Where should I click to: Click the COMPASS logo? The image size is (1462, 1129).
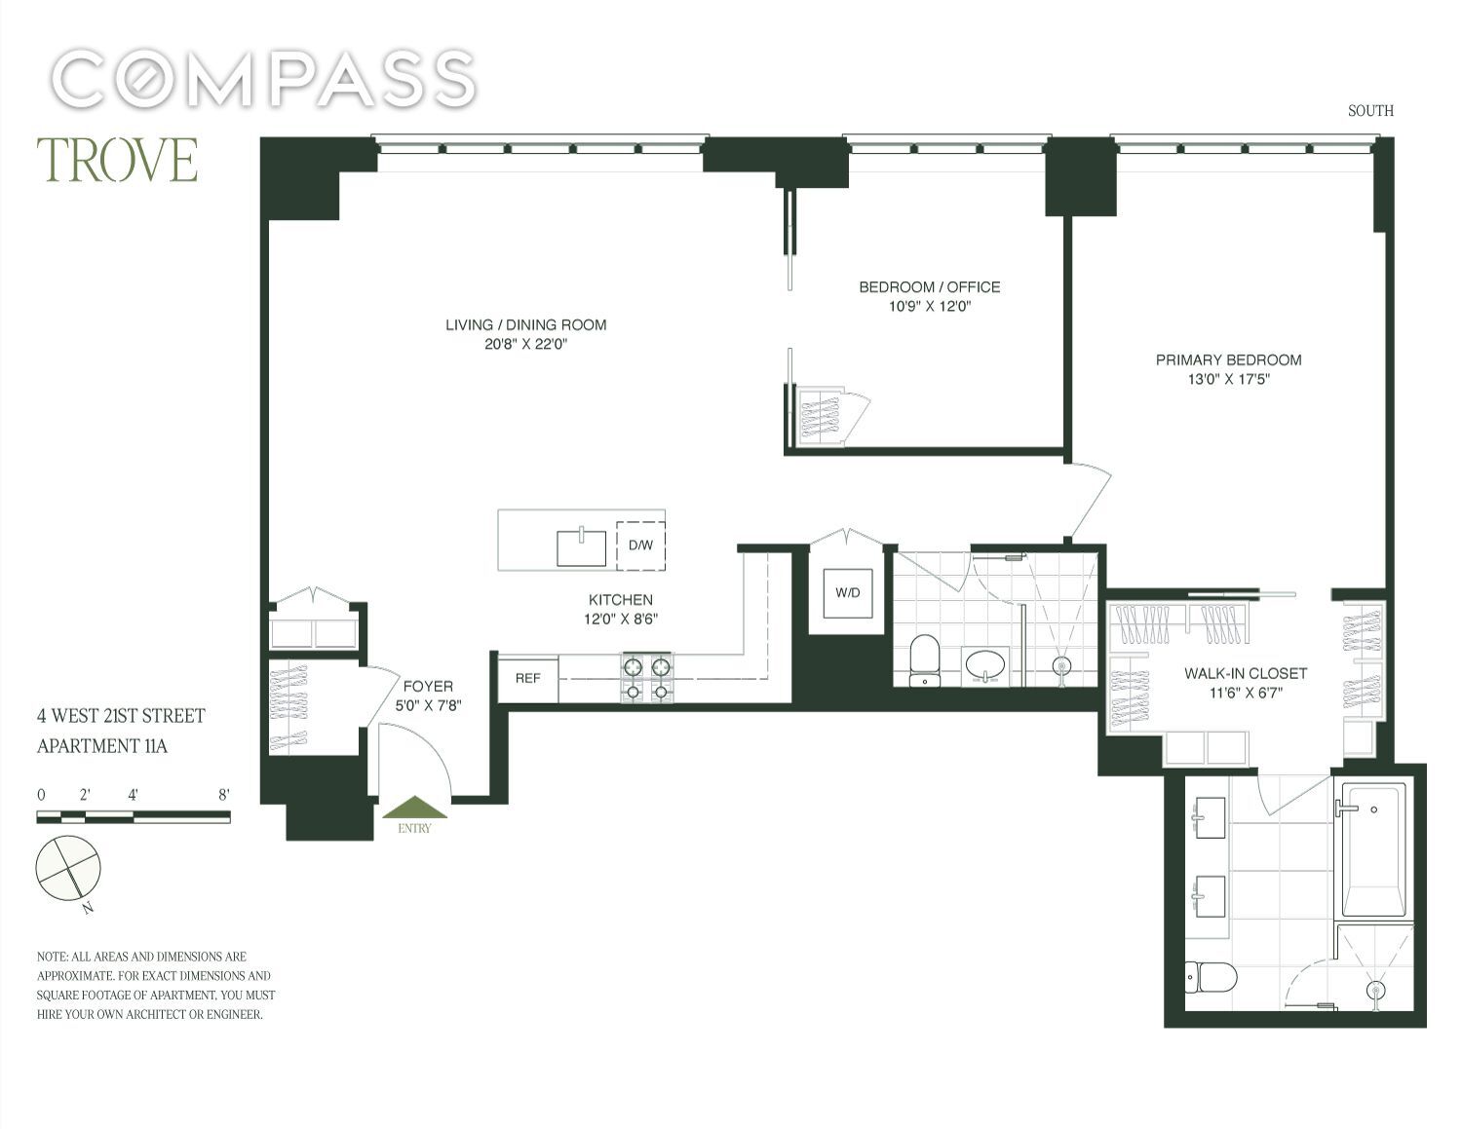[264, 79]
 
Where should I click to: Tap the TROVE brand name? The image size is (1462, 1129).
[117, 160]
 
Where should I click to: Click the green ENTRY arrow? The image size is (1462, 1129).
[414, 807]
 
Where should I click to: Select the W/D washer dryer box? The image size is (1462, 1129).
[848, 592]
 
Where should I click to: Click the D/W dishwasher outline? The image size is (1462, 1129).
[640, 546]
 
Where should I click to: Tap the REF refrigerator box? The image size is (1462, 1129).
[528, 679]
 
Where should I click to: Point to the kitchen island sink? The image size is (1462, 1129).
[581, 548]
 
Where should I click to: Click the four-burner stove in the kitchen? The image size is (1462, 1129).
[647, 678]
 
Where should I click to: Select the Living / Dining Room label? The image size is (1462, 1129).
[526, 324]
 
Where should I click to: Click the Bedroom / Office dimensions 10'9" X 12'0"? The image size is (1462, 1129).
[930, 307]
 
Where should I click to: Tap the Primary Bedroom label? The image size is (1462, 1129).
[1228, 359]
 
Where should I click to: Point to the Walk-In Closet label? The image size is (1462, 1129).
[1246, 673]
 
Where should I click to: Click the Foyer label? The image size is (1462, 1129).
[428, 687]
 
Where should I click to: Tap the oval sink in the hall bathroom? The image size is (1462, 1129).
[985, 666]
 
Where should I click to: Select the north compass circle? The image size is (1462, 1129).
[68, 868]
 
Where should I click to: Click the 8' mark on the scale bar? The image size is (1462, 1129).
[224, 795]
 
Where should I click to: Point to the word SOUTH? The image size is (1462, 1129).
[1370, 111]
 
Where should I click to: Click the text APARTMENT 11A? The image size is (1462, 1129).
[102, 746]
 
